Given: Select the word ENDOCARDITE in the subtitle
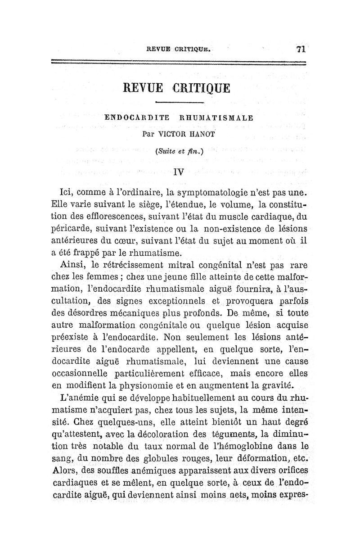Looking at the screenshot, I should [x=137, y=118].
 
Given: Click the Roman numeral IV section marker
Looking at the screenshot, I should [x=180, y=171].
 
